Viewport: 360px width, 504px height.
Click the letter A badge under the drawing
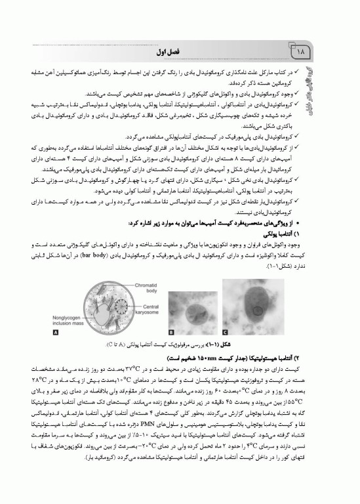point(56,333)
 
